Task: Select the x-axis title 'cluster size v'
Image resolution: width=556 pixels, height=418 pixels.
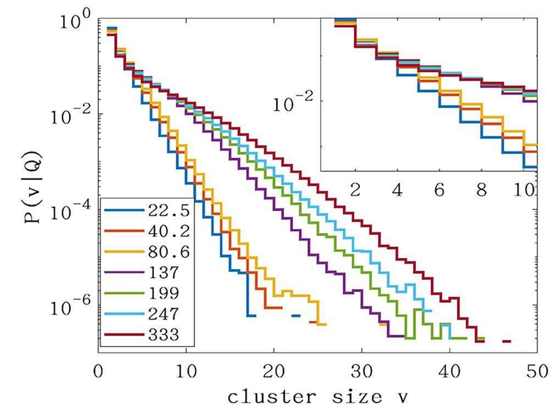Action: tap(318, 397)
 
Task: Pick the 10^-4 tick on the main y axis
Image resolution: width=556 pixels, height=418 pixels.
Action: tap(75, 211)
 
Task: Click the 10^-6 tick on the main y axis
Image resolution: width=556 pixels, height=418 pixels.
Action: tap(75, 306)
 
